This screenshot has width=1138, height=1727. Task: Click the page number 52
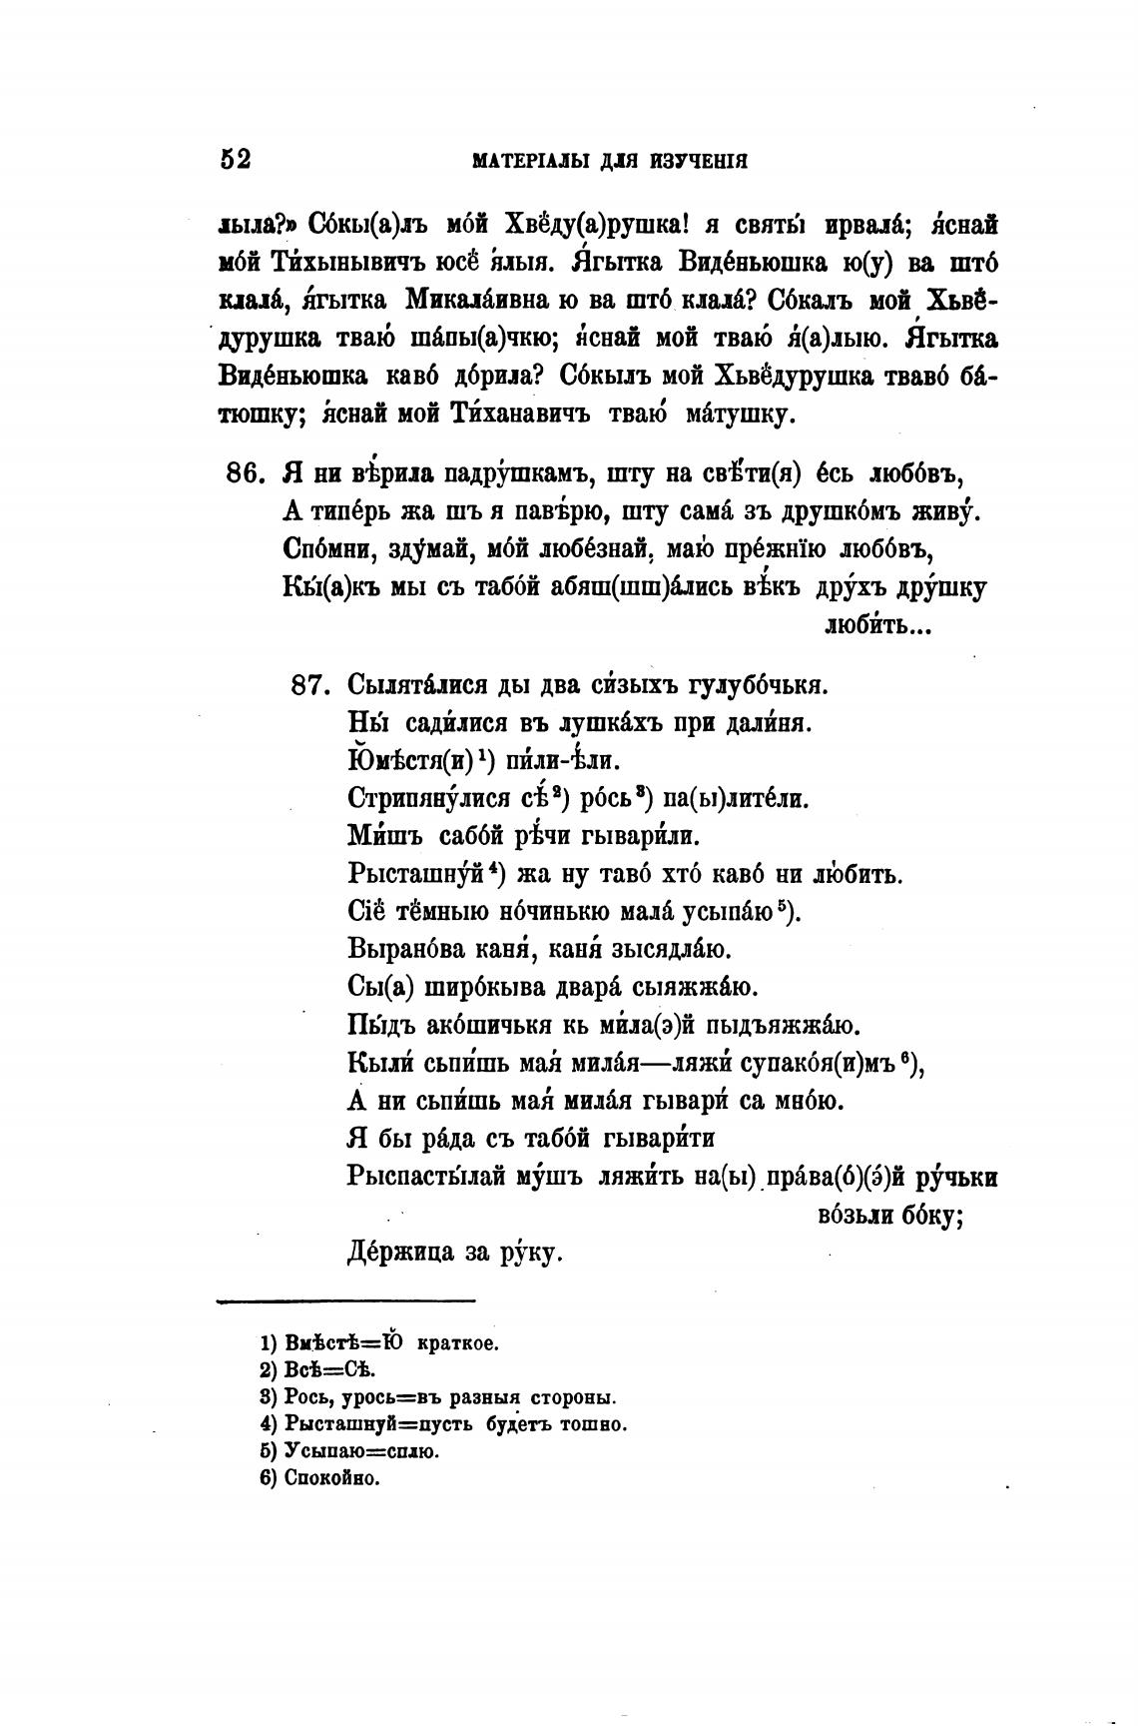[235, 160]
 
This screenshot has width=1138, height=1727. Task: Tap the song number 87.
[307, 685]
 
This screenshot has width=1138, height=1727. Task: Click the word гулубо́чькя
[758, 685]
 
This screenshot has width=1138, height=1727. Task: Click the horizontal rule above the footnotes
[345, 1300]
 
